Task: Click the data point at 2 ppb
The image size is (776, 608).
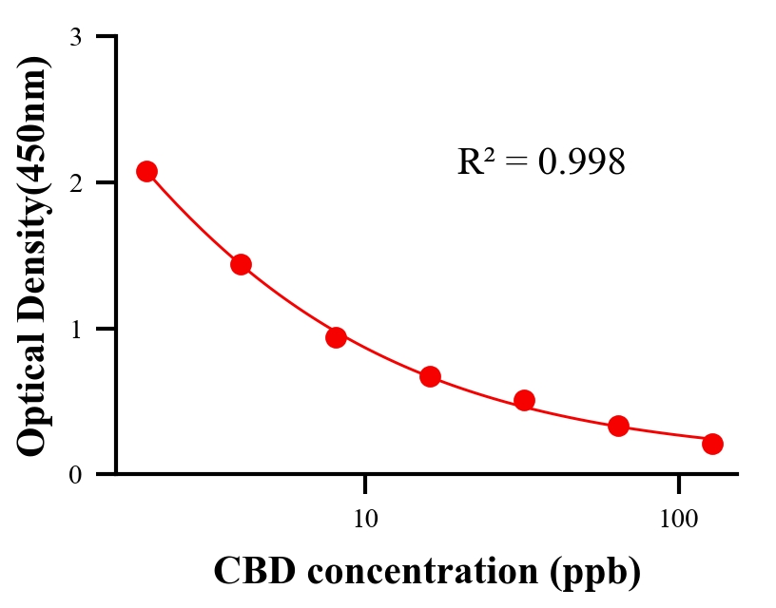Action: [x=146, y=171]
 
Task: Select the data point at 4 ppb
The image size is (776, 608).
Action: [x=241, y=264]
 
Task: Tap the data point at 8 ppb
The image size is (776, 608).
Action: [x=336, y=337]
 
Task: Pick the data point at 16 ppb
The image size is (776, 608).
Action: [x=430, y=376]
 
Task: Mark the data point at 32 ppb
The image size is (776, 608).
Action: [x=524, y=400]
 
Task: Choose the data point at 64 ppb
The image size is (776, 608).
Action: [x=618, y=426]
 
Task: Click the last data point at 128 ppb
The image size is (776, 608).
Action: [x=712, y=444]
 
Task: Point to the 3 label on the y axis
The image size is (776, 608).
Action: [x=76, y=38]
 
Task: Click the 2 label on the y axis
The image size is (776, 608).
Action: [x=76, y=182]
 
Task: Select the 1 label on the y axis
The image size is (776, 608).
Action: [x=76, y=329]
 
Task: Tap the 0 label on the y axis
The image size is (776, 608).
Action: [x=76, y=474]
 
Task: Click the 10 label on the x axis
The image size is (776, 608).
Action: [x=365, y=519]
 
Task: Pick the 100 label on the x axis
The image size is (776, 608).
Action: [x=679, y=519]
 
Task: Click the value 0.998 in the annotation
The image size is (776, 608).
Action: [x=581, y=161]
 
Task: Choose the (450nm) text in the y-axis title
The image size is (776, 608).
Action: [x=33, y=123]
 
